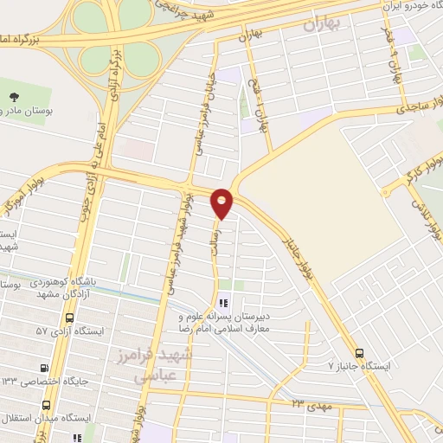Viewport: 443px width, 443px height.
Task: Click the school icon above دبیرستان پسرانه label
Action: [223, 304]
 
